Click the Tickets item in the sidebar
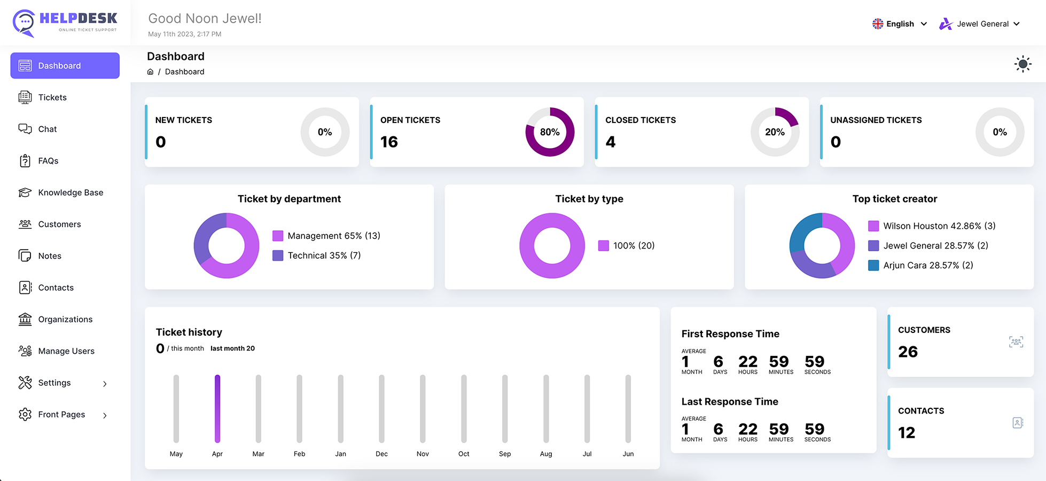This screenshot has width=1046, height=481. (x=52, y=97)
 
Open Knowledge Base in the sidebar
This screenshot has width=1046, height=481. (x=70, y=192)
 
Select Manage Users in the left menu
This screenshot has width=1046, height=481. (x=66, y=351)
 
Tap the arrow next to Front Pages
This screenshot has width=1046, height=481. (x=105, y=415)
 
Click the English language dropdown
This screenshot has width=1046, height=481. (x=900, y=24)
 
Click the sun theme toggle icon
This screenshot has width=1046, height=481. (x=1022, y=64)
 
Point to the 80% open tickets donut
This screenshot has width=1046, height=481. (x=550, y=132)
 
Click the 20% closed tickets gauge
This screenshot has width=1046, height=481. (x=775, y=132)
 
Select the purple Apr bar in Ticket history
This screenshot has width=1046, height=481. (x=217, y=409)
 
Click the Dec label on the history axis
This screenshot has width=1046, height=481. (x=381, y=454)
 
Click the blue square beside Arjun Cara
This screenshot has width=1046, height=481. (x=873, y=266)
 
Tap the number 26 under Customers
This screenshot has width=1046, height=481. (x=908, y=352)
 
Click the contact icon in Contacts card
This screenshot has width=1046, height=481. (x=1017, y=423)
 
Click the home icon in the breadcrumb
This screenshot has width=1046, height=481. (x=150, y=72)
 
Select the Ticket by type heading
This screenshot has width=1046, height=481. (x=589, y=199)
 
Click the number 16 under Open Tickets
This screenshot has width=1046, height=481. (x=389, y=142)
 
